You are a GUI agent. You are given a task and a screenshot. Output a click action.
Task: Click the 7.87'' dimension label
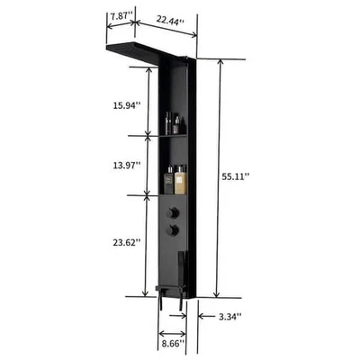coord(120,16)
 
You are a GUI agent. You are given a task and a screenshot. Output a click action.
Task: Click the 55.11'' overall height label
coord(236,177)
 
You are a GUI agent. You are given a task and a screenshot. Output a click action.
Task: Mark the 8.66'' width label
coord(171,343)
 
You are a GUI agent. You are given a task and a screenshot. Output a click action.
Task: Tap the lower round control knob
coord(172,231)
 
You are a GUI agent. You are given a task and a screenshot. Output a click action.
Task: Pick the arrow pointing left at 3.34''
coord(204,316)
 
